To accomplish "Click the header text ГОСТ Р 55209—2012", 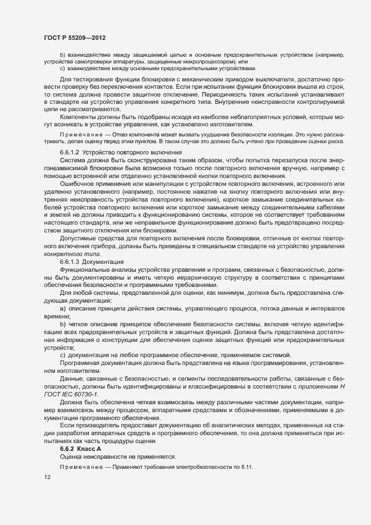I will [75, 38].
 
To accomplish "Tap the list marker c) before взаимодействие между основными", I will [62, 69].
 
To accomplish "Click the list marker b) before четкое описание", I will [62, 326].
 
